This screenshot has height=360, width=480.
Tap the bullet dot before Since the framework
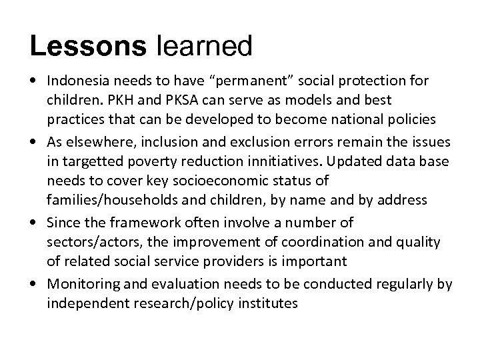click(33, 221)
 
